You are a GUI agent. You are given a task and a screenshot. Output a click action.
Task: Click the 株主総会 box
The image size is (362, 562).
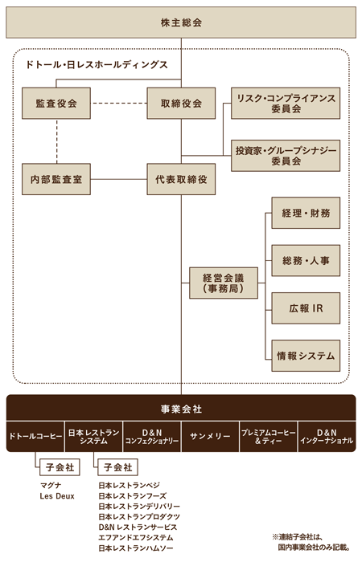[x=181, y=22]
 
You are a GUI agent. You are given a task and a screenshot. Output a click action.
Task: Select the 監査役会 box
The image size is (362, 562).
[x=56, y=104]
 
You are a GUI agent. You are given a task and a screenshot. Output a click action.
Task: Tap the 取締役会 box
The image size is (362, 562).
[x=181, y=104]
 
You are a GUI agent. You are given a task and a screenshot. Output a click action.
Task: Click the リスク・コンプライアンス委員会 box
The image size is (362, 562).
[x=286, y=104]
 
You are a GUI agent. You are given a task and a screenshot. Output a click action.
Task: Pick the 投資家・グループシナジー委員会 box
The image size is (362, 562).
[x=286, y=156]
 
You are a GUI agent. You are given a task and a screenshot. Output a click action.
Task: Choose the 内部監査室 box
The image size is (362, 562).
[x=56, y=179]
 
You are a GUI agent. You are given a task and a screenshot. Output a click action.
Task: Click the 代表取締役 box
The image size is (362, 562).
[x=181, y=179]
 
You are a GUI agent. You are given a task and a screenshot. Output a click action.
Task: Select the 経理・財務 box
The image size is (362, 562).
[x=306, y=213]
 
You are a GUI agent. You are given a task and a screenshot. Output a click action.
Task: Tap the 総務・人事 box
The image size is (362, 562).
[x=306, y=261]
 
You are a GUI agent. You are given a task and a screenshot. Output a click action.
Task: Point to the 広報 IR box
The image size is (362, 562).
[x=306, y=308]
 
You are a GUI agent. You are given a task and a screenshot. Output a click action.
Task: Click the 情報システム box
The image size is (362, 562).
[x=306, y=356]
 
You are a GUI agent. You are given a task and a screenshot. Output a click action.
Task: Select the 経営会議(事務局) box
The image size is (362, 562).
[x=224, y=283]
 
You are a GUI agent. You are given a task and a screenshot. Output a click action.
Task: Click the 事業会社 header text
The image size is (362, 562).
[x=181, y=409]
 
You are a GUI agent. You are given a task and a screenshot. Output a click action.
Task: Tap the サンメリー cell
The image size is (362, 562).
[x=210, y=436]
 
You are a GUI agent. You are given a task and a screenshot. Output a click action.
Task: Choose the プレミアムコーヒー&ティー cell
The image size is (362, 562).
[x=268, y=436]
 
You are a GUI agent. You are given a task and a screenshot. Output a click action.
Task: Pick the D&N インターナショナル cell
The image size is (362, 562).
[x=327, y=436]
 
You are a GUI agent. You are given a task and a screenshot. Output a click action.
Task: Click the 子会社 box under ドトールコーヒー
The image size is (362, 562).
[x=60, y=467]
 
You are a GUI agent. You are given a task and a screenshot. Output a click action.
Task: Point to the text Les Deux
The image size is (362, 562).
[x=57, y=496]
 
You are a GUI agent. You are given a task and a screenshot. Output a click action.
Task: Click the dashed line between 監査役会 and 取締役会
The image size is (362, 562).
[x=118, y=104]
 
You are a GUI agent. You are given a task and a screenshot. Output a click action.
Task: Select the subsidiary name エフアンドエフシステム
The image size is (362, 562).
[x=136, y=538]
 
